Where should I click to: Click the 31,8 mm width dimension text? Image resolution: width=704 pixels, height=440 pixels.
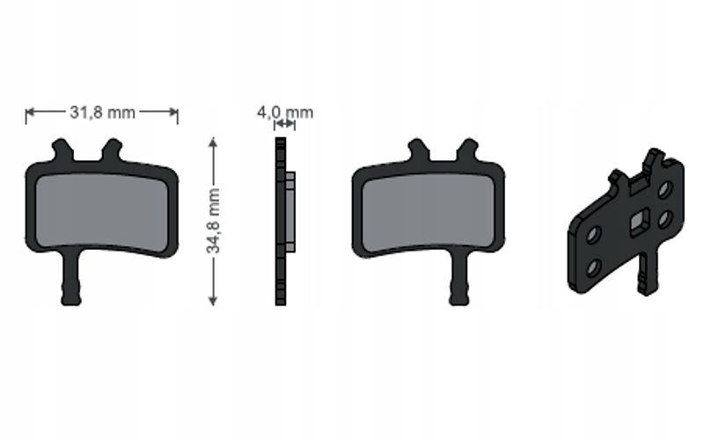click(102, 113)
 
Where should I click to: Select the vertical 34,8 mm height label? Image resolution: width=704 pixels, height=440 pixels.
click(213, 221)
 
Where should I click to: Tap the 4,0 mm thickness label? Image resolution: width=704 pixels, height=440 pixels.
click(284, 112)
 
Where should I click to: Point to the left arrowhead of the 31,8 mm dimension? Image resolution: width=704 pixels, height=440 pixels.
click(30, 112)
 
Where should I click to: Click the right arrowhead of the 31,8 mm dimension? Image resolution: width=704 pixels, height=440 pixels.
click(173, 112)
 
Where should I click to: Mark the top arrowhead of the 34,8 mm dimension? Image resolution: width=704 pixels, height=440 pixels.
click(213, 142)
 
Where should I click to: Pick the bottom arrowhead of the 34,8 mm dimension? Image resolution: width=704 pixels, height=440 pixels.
click(213, 301)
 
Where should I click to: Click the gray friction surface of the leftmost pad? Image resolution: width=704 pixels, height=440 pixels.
click(101, 211)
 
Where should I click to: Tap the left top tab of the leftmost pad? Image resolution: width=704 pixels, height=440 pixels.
click(62, 150)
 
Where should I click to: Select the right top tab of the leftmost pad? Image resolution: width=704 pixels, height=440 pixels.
click(112, 150)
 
